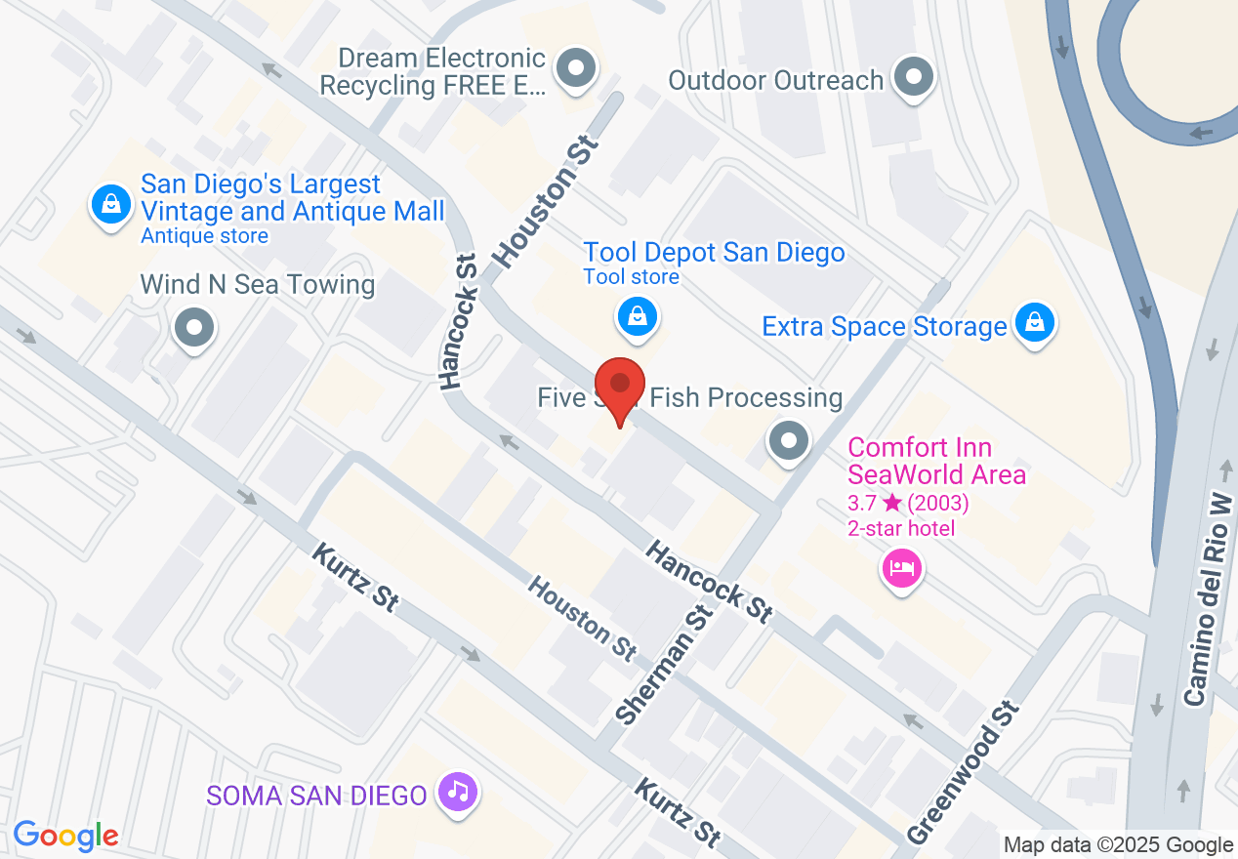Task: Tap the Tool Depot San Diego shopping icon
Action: point(637,316)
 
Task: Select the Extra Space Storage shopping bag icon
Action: point(1034,322)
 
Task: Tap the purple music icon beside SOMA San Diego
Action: point(457,790)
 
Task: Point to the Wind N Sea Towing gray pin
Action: point(194,328)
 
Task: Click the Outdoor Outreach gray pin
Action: point(915,75)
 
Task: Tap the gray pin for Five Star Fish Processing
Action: point(789,440)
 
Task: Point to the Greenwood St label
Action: point(963,772)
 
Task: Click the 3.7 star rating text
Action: point(907,504)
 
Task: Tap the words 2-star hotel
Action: point(900,529)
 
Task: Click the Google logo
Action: point(65,836)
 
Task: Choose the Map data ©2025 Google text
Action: point(1118,844)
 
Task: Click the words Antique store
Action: point(204,236)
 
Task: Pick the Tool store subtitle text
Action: point(631,277)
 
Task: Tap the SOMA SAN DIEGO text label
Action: point(316,796)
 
